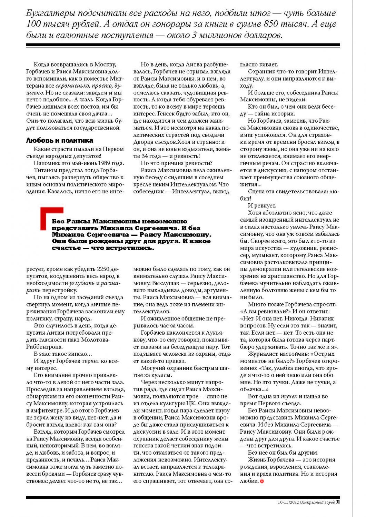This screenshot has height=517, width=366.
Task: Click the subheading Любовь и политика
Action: pos(60,141)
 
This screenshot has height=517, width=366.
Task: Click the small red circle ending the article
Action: pos(262,481)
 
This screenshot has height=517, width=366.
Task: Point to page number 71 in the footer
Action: pos(338,502)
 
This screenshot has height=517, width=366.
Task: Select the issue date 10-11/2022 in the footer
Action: pos(288,503)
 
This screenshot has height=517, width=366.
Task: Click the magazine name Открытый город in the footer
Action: pos(317,503)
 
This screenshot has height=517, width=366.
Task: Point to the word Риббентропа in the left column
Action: pos(44,347)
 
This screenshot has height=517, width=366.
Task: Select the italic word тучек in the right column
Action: pos(289,396)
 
